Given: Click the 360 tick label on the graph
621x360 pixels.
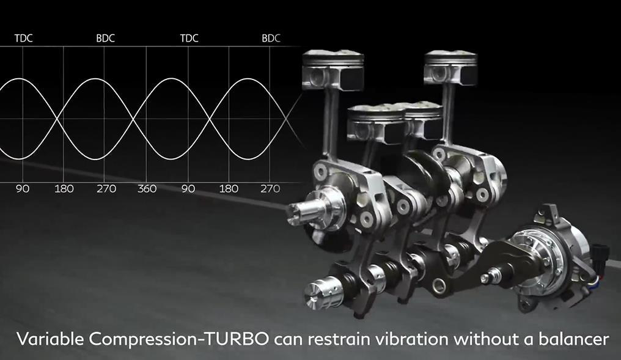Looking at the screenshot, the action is coord(147,189).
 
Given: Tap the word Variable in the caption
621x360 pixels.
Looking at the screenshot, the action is coord(50,339).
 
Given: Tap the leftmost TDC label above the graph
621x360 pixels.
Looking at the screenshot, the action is coord(24,39).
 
